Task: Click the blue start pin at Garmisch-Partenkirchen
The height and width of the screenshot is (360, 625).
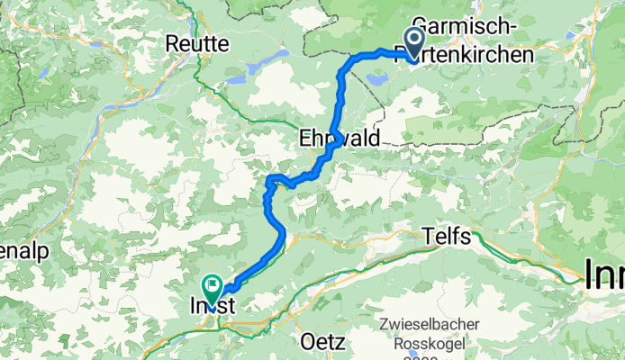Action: click(415, 41)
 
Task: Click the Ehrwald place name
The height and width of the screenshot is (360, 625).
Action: click(340, 138)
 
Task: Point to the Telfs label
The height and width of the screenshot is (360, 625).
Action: click(447, 237)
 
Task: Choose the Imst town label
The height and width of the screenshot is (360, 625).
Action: click(213, 306)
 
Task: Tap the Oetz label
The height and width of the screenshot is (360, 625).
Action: click(320, 343)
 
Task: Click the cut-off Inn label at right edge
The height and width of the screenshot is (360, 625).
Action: click(603, 274)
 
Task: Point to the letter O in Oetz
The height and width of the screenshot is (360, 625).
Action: click(305, 343)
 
